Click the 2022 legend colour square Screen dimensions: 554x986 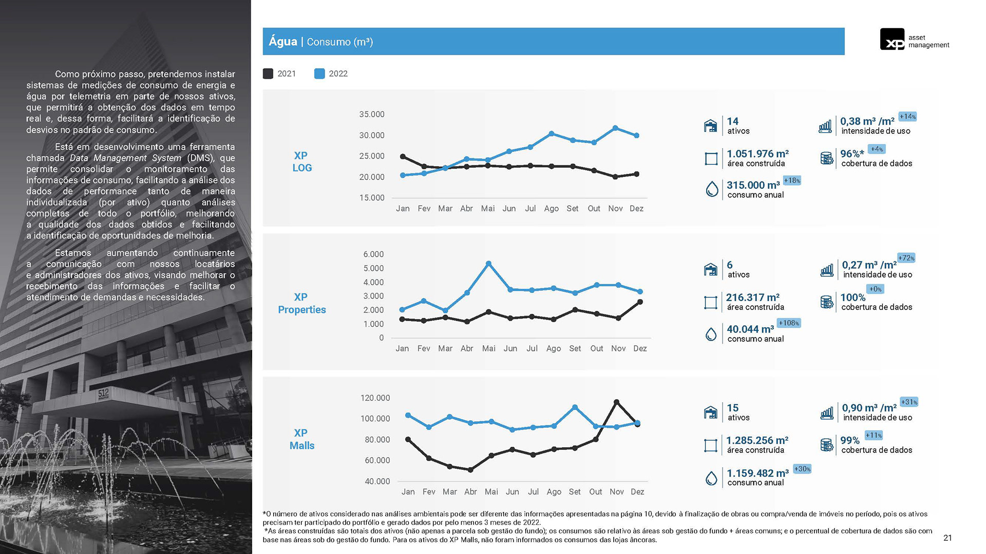[x=319, y=74]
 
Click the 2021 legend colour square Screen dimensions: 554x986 [x=268, y=74]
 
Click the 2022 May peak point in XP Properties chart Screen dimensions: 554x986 [x=488, y=264]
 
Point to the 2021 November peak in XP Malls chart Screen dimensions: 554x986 [x=616, y=402]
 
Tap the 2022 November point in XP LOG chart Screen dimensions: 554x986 [x=615, y=128]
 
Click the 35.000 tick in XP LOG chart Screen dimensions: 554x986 [x=372, y=114]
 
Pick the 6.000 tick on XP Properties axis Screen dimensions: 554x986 [x=373, y=254]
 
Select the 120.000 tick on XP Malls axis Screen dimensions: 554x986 [x=375, y=398]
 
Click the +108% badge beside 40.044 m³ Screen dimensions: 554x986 [x=789, y=323]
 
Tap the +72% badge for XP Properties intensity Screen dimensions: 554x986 [x=906, y=258]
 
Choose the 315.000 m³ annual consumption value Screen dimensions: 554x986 [x=753, y=185]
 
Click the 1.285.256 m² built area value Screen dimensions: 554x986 [x=757, y=441]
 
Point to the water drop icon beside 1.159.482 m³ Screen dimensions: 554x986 [x=711, y=479]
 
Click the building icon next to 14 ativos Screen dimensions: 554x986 [x=710, y=126]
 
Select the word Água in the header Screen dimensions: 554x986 [x=283, y=42]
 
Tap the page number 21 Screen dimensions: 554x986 [x=947, y=538]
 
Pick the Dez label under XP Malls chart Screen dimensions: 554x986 [x=637, y=492]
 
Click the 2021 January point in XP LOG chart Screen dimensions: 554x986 [x=403, y=156]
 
